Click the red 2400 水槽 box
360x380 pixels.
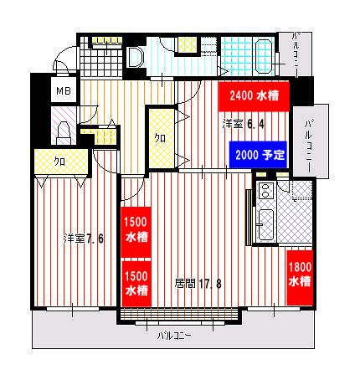tap(254, 96)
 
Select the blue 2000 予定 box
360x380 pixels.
tap(258, 155)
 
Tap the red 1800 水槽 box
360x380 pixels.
tap(300, 278)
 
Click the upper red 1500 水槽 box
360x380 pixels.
tap(136, 232)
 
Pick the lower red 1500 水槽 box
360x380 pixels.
tap(136, 284)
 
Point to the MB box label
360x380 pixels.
tap(64, 90)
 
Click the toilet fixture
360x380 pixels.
tap(63, 132)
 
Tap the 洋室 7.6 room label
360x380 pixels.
tap(84, 239)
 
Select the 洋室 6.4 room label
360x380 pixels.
tap(244, 124)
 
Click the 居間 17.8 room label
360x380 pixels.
tap(198, 284)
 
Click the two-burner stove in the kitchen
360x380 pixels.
tap(266, 190)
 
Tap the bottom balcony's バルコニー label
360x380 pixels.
tap(174, 336)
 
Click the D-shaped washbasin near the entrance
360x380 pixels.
tap(135, 57)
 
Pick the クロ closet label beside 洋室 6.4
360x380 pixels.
tap(160, 138)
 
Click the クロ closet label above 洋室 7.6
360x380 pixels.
tap(59, 162)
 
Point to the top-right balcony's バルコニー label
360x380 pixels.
tap(296, 54)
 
